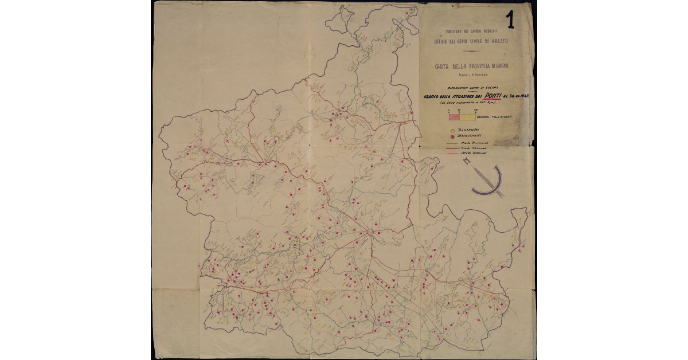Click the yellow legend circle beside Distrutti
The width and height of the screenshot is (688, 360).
pos(452,131)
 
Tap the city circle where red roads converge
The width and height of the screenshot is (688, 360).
pos(370,232)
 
